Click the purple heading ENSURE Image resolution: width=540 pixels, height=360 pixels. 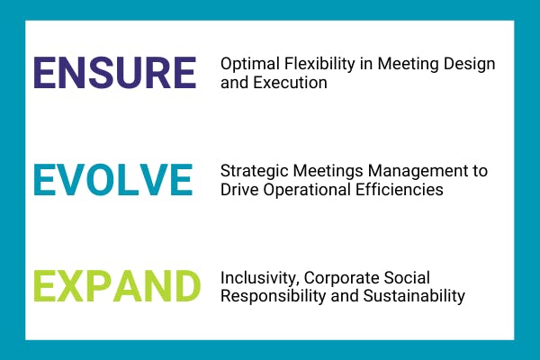[x=115, y=73]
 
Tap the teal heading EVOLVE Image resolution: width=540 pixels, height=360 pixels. [x=113, y=179]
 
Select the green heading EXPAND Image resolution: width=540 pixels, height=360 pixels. [x=117, y=286]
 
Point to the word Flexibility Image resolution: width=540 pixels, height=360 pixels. [x=319, y=65]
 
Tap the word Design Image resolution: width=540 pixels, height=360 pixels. [x=470, y=65]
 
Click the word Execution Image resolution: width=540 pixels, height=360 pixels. [x=291, y=83]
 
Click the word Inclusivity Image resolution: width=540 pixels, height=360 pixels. [x=260, y=279]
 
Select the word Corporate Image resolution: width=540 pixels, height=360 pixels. [x=342, y=279]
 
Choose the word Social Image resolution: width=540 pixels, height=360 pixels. [x=407, y=278]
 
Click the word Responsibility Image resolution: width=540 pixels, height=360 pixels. [x=273, y=297]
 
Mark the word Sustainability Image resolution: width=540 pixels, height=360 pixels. [x=414, y=297]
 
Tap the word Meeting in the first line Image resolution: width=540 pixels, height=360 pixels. [x=408, y=65]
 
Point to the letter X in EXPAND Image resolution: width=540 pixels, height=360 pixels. [x=70, y=286]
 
